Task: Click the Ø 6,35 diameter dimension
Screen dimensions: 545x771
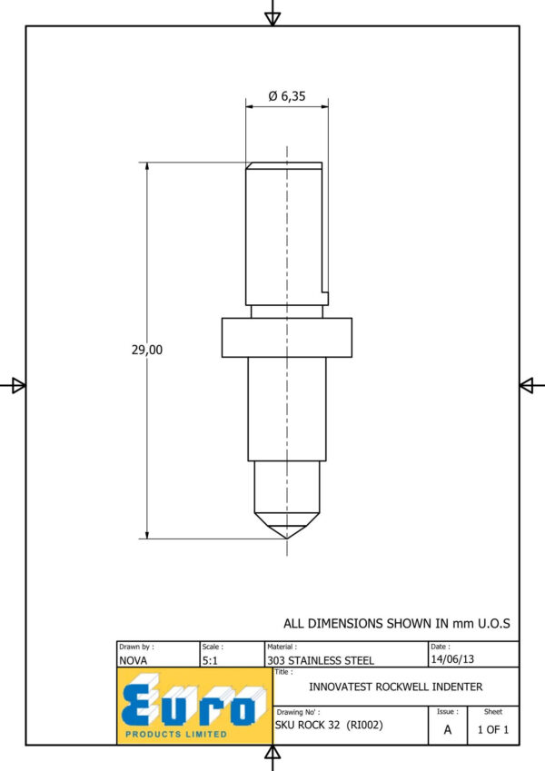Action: coord(287,96)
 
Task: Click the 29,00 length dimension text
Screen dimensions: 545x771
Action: coord(146,350)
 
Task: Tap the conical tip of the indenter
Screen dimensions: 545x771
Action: coord(287,526)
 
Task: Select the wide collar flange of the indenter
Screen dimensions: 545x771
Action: coord(287,337)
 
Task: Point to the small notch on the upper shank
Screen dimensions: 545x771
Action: coord(325,298)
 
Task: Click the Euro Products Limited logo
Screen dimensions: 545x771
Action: coord(194,707)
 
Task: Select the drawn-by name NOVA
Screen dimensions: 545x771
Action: coord(133,660)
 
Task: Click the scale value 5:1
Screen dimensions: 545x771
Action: coord(210,660)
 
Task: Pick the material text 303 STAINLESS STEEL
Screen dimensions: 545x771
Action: coord(321,660)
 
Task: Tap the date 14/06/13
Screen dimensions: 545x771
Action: coord(452,659)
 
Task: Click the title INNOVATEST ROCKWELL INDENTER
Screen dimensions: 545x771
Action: coord(395,687)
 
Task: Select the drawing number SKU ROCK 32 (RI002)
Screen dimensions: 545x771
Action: coord(329,725)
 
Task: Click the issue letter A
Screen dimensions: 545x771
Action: coord(448,730)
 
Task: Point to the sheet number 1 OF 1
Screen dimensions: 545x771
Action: coord(493,730)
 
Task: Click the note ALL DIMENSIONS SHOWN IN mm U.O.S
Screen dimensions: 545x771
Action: coord(396,624)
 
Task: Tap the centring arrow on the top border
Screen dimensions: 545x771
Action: coord(272,18)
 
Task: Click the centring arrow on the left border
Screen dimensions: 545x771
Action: coord(18,385)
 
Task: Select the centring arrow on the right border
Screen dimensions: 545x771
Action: coord(527,385)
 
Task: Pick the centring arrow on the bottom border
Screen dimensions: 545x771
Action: coord(272,752)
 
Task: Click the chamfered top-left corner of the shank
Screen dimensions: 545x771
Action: coord(250,165)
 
